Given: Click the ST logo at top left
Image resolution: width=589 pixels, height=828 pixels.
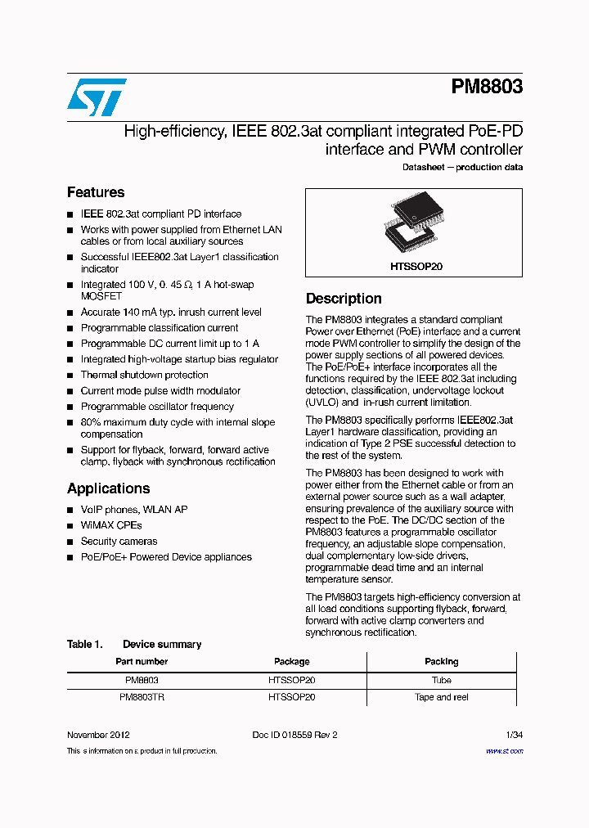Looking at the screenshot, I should (x=97, y=97).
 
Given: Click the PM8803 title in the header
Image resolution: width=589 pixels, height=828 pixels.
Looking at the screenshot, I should (x=487, y=87).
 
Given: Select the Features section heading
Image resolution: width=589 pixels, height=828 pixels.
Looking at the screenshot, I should (x=96, y=192).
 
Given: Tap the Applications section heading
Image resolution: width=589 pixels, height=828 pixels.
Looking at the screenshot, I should (x=108, y=488).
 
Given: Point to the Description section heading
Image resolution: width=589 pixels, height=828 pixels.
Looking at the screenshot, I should (x=344, y=299).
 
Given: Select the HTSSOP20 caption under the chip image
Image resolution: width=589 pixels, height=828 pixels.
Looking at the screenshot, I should (x=414, y=267).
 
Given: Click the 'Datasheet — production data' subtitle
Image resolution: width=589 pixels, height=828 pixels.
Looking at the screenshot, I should (x=462, y=167).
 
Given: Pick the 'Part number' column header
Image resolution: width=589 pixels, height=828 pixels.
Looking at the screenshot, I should (x=142, y=661).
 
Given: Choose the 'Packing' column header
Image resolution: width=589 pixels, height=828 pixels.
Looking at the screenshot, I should (x=441, y=661).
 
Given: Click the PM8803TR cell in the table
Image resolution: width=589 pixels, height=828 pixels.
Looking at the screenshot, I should (x=142, y=697).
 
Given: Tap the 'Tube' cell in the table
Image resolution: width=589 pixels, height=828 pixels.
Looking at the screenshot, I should (x=441, y=680).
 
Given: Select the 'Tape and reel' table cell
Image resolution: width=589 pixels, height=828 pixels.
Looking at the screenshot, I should (x=441, y=697).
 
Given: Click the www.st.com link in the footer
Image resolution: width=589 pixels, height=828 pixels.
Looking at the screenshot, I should (x=504, y=751).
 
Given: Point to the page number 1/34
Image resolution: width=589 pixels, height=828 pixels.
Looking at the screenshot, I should (x=514, y=735).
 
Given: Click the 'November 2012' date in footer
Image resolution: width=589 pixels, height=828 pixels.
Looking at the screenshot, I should (x=98, y=735).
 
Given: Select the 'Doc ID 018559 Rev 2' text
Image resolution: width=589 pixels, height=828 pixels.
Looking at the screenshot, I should (x=294, y=735).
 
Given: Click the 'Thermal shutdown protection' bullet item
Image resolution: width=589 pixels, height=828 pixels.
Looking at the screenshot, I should (x=144, y=375).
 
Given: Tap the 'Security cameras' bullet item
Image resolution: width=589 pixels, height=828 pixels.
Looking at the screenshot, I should (x=119, y=541).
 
